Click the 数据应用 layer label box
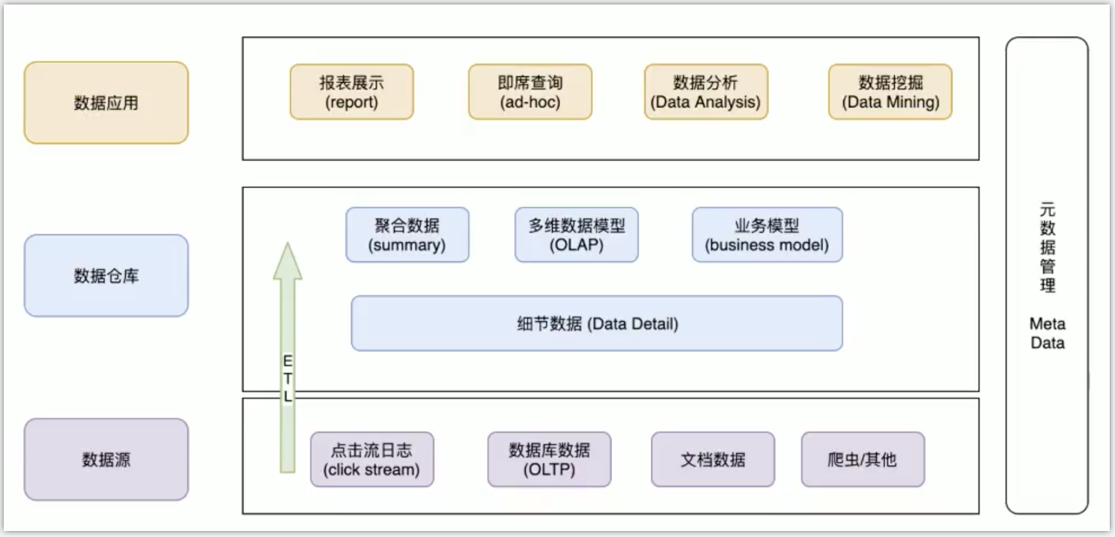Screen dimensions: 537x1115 106,103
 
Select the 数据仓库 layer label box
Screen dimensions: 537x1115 106,276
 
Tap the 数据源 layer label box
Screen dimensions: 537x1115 106,459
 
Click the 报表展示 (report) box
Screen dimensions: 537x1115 351,91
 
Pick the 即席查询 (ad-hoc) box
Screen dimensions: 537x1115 530,91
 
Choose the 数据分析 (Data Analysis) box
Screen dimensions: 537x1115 705,91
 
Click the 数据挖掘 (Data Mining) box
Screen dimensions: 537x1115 890,91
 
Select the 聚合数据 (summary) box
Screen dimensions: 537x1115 407,235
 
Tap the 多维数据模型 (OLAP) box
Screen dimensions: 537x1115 577,235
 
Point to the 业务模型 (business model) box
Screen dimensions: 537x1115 767,235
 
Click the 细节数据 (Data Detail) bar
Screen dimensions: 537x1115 596,324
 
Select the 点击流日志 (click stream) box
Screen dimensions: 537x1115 371,459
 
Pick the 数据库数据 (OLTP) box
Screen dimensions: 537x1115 549,459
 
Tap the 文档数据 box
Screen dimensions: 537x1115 713,459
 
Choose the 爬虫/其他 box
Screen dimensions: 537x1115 863,459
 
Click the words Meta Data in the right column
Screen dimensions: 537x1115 1047,334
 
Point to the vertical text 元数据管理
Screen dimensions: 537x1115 1047,247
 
